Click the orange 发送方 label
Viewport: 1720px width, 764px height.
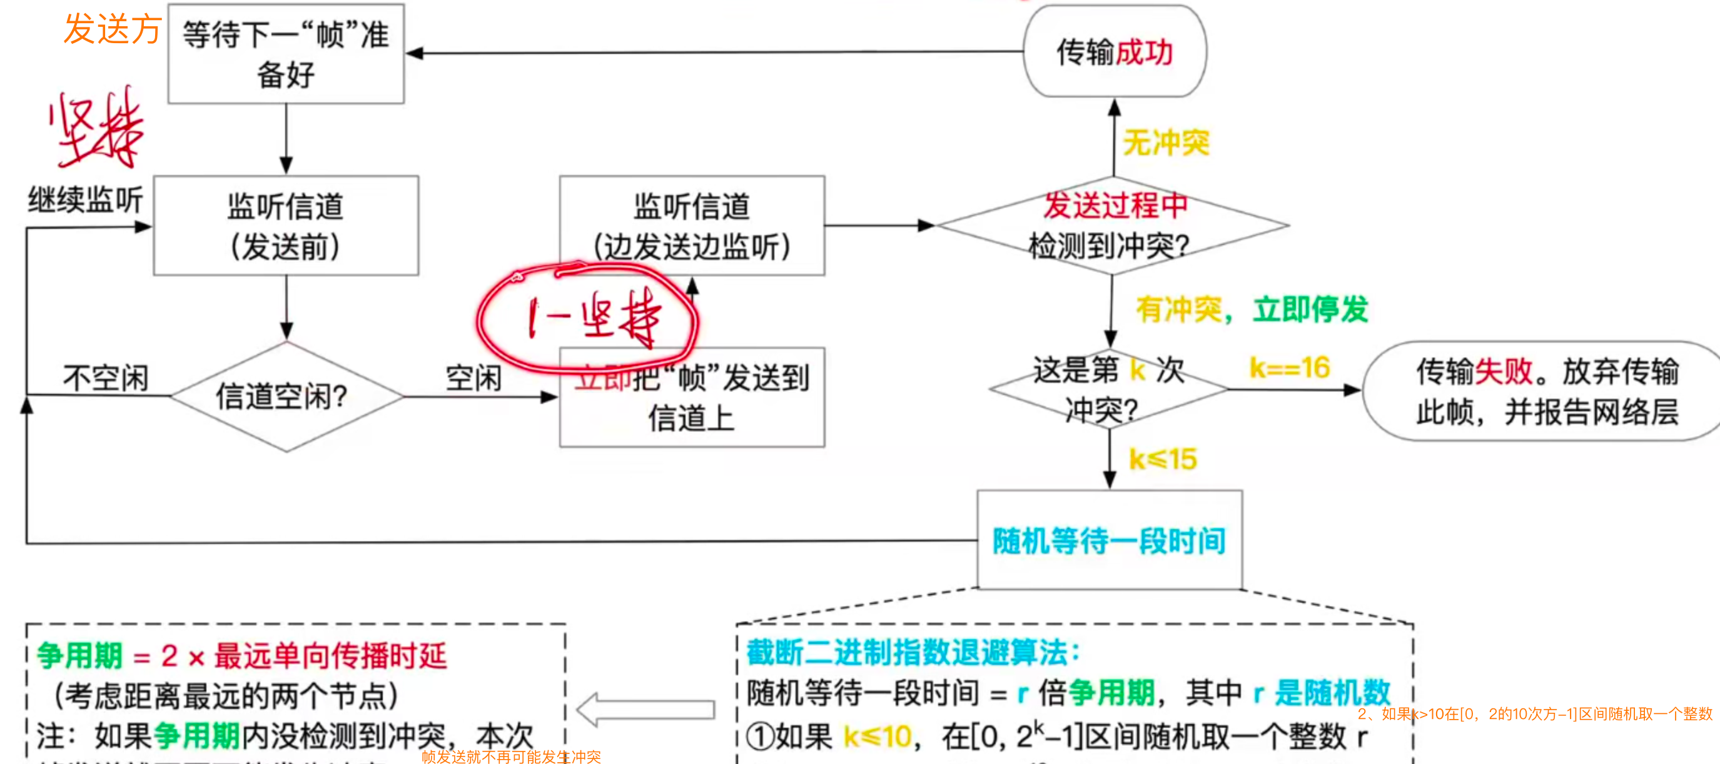[112, 29]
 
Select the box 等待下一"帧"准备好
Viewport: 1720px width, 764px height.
[286, 54]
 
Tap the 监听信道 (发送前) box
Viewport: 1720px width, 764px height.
[286, 226]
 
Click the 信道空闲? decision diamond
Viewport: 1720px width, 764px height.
[286, 397]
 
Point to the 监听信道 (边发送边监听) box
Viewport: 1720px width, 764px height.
[692, 226]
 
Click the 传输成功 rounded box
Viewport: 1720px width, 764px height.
[1115, 51]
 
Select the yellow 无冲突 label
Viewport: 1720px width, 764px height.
[1166, 143]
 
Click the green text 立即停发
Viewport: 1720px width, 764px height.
[1310, 309]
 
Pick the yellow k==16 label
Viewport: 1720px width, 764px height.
[1289, 368]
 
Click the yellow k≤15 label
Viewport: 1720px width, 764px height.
[1163, 459]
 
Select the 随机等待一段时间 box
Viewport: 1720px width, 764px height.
[1109, 540]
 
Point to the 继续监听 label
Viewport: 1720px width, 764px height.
[86, 199]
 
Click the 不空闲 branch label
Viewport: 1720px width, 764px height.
[106, 378]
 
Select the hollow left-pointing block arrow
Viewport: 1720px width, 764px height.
[645, 709]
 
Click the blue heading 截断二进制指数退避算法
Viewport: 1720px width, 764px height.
[912, 652]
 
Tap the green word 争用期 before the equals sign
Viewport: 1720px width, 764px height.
[79, 656]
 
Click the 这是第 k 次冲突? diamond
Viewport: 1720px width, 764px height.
[1108, 389]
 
